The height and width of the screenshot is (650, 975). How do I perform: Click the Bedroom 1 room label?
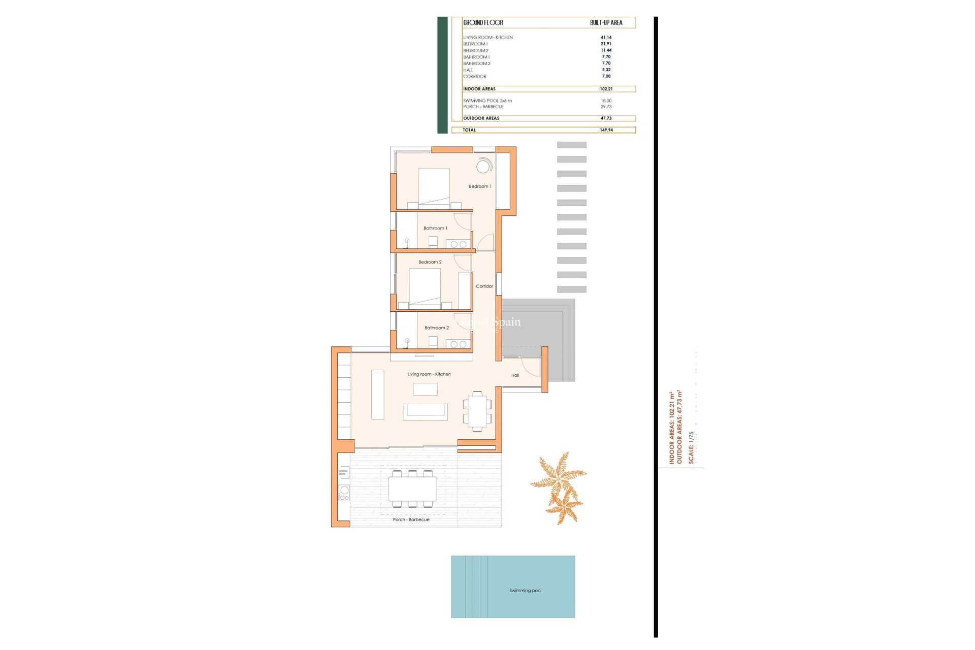479,186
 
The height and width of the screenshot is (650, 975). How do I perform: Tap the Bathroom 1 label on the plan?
435,229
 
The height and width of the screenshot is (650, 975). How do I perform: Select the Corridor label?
484,286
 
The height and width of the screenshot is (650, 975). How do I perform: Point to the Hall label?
515,375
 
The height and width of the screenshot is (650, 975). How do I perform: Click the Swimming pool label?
525,591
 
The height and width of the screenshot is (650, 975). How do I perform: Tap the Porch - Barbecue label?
411,519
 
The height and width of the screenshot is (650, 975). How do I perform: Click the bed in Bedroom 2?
425,287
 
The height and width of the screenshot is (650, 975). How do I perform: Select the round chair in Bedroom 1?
483,166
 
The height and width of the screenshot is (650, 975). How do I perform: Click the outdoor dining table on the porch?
412,489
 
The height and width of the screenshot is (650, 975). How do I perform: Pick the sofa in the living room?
425,411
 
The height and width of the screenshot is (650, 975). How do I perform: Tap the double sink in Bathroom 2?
458,344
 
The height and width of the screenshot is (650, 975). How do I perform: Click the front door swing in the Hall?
531,368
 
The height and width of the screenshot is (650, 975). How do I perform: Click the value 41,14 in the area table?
606,38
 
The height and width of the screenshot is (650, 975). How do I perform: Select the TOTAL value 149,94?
606,130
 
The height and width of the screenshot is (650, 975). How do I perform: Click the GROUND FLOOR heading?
483,23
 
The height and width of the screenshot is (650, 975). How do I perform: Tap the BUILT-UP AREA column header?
606,23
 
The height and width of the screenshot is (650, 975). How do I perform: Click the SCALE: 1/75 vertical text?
691,447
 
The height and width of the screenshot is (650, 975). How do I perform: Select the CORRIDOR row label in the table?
474,77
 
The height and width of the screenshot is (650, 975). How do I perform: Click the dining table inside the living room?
477,411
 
